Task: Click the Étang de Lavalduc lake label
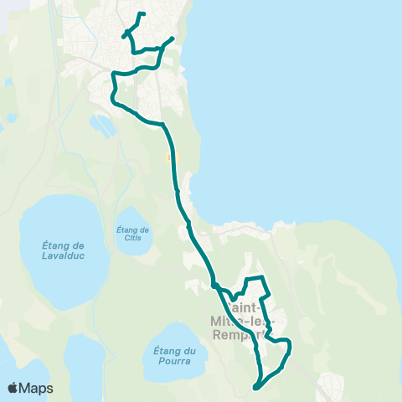click(x=64, y=250)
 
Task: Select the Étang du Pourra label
click(x=174, y=356)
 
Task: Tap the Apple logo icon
click(x=13, y=388)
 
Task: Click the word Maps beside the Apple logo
click(x=36, y=388)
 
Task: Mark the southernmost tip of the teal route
click(x=255, y=387)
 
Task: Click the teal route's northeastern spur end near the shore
click(x=173, y=39)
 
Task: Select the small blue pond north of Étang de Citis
click(x=106, y=126)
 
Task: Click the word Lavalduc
click(x=64, y=256)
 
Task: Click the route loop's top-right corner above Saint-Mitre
click(x=263, y=277)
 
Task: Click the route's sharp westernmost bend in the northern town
click(x=113, y=84)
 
